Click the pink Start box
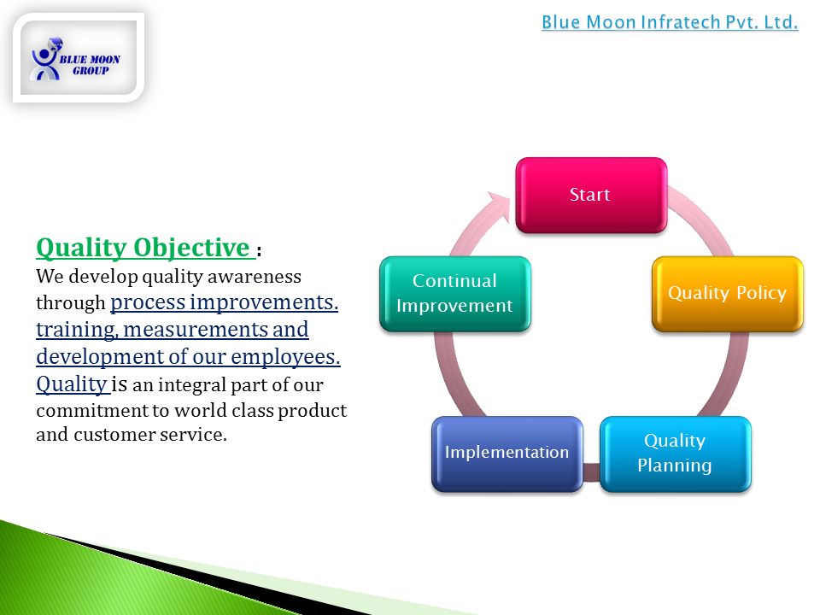point(591,195)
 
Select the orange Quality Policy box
point(728,293)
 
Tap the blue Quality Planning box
point(675,454)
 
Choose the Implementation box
point(507,454)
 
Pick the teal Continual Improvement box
point(455,293)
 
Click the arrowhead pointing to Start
point(500,205)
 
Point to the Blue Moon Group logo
point(79,58)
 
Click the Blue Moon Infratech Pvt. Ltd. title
point(670,22)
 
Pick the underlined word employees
point(285,357)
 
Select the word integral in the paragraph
point(191,385)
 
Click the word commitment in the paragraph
point(91,411)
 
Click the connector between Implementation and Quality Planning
point(591,471)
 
